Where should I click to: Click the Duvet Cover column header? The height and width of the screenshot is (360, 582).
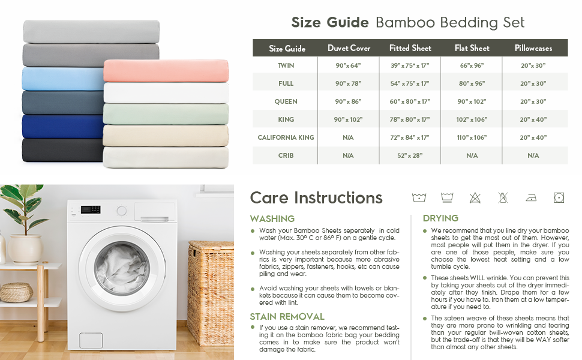tap(349, 48)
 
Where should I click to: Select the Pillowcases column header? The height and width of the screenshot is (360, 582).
tap(533, 48)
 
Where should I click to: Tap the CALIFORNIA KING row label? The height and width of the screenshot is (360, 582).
tap(286, 137)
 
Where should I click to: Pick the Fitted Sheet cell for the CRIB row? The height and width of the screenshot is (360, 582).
tap(410, 155)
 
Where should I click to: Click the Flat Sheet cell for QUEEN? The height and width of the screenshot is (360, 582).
tap(472, 101)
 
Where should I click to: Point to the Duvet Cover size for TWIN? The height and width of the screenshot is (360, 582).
tap(348, 65)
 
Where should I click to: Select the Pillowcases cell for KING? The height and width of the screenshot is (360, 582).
tap(533, 119)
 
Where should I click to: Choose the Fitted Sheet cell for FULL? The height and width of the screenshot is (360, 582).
tap(410, 83)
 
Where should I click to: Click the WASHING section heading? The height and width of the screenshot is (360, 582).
tap(272, 218)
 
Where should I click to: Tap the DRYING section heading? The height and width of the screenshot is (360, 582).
tap(440, 218)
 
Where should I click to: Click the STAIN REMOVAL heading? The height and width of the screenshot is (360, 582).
tap(287, 317)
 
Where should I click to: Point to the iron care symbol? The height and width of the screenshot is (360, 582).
tap(531, 198)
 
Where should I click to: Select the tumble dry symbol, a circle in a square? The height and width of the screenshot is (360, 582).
tap(559, 198)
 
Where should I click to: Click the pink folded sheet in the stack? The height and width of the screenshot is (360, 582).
tap(166, 71)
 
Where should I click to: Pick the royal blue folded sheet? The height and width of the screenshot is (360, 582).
tap(63, 127)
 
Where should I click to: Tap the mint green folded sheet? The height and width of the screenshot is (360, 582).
tap(166, 114)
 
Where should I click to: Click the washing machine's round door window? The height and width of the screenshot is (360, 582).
tap(122, 267)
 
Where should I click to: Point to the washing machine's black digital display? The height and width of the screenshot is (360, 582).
tap(91, 209)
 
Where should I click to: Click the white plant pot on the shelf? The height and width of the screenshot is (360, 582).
tap(25, 248)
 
